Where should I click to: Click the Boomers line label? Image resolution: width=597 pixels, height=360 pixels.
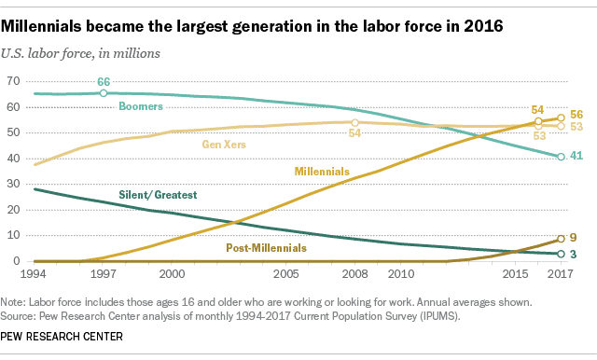pos(141,107)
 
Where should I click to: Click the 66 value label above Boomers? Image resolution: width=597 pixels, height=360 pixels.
pos(104,81)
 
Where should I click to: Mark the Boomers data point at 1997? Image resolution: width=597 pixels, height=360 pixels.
pos(104,93)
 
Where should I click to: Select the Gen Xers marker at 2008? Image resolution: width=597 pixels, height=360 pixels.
pos(354,122)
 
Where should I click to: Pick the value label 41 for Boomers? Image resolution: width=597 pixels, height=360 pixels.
pos(577,157)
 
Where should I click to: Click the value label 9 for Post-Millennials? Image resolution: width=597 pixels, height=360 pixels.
pos(574,239)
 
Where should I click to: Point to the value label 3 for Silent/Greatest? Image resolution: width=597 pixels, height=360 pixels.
pos(574,255)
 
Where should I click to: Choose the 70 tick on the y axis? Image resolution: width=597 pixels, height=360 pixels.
pos(14,81)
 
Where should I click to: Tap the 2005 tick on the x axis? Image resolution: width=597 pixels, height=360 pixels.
pos(285,275)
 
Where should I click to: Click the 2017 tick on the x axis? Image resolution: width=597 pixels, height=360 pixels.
pos(558,275)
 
